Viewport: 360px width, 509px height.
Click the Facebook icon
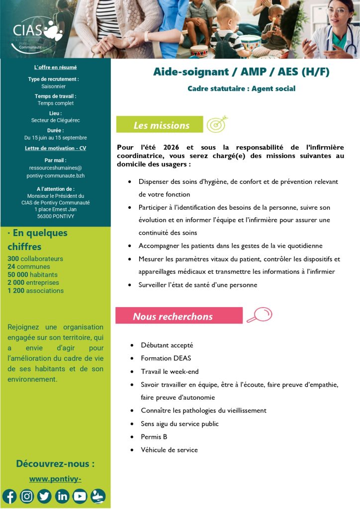pyautogui.click(x=9, y=496)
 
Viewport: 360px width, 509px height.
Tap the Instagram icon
pyautogui.click(x=27, y=496)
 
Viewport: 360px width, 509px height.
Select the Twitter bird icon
pyautogui.click(x=44, y=496)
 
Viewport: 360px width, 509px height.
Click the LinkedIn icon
pyautogui.click(x=62, y=496)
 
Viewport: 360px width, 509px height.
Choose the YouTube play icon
pyautogui.click(x=80, y=496)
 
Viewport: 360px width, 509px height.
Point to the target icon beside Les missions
pyautogui.click(x=217, y=124)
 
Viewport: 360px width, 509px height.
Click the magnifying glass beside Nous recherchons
pyautogui.click(x=260, y=315)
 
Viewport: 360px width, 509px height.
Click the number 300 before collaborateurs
pyautogui.click(x=13, y=259)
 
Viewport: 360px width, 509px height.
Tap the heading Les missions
pyautogui.click(x=161, y=125)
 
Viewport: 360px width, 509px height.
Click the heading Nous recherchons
pyautogui.click(x=173, y=317)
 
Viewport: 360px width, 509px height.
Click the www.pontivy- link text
pyautogui.click(x=55, y=479)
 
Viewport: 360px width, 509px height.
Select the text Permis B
pyautogui.click(x=154, y=437)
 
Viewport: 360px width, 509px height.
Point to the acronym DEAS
pyautogui.click(x=182, y=358)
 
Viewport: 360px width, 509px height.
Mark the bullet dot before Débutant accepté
pyautogui.click(x=131, y=345)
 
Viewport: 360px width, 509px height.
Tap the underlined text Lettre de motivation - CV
pyautogui.click(x=55, y=148)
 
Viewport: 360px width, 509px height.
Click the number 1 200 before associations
pyautogui.click(x=15, y=291)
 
